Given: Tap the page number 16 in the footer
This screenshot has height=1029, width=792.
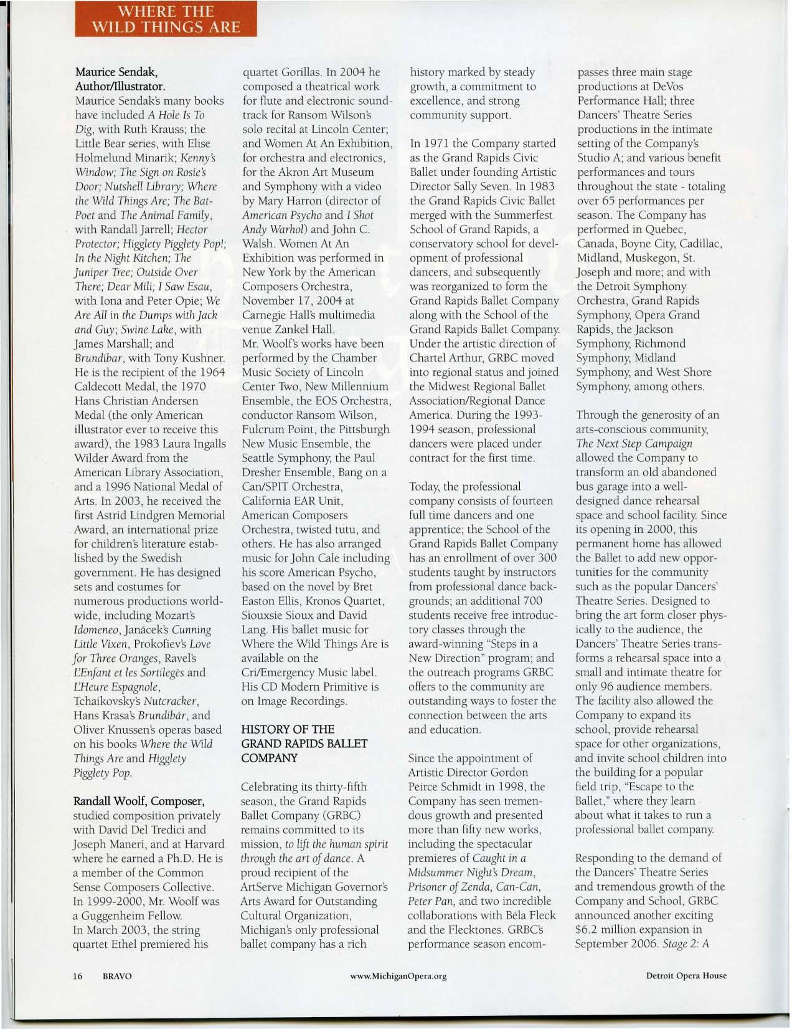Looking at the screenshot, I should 78,975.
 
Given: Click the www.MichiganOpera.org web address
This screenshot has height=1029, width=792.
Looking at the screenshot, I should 399,975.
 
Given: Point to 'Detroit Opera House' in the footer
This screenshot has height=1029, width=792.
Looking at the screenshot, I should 686,975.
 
